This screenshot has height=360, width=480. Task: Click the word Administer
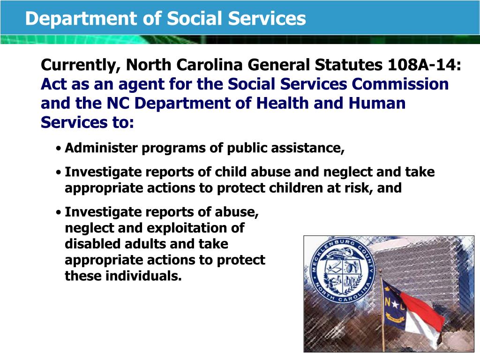coord(101,148)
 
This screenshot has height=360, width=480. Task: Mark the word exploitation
coord(187,228)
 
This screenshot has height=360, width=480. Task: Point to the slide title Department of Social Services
coord(165,18)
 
